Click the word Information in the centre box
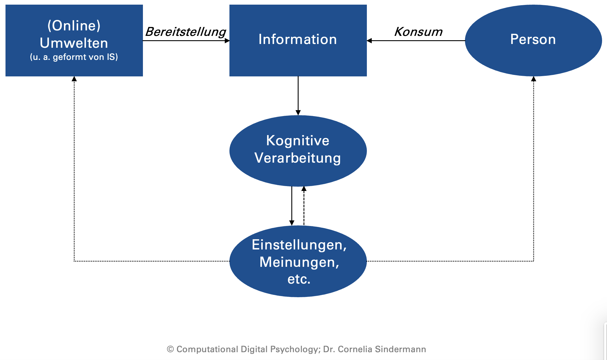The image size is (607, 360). point(298,39)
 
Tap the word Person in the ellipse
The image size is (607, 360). point(533,39)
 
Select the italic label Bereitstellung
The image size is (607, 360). point(186,32)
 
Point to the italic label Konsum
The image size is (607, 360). point(418,32)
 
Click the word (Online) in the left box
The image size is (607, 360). point(74,25)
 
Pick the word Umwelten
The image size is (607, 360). point(74,43)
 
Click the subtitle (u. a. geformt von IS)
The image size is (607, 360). point(74,57)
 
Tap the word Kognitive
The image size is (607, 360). point(298,141)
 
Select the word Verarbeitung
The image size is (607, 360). point(298,158)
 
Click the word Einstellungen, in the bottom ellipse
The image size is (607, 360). point(299,245)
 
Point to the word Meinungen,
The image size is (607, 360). point(299,262)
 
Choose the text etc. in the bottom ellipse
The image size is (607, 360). point(299,279)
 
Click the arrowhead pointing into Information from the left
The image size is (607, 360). point(227,41)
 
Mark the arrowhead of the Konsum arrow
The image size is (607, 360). point(369,41)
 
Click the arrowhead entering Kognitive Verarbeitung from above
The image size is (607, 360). point(298,113)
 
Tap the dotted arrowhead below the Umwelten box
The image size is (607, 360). point(74,79)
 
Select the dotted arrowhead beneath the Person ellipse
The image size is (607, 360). point(534,79)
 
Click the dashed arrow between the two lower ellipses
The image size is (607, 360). point(304,206)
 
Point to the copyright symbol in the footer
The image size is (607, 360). point(170,349)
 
